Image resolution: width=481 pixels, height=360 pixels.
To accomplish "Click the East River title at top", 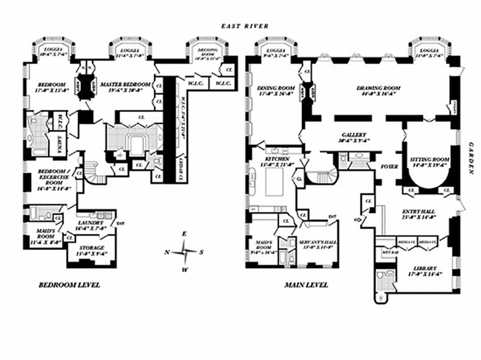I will coord(245,26).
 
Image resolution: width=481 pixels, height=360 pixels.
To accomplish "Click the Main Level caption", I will coord(306,285).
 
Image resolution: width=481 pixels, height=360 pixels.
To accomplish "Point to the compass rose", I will coord(184,252).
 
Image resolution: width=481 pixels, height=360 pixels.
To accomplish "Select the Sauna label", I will coord(59,144).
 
